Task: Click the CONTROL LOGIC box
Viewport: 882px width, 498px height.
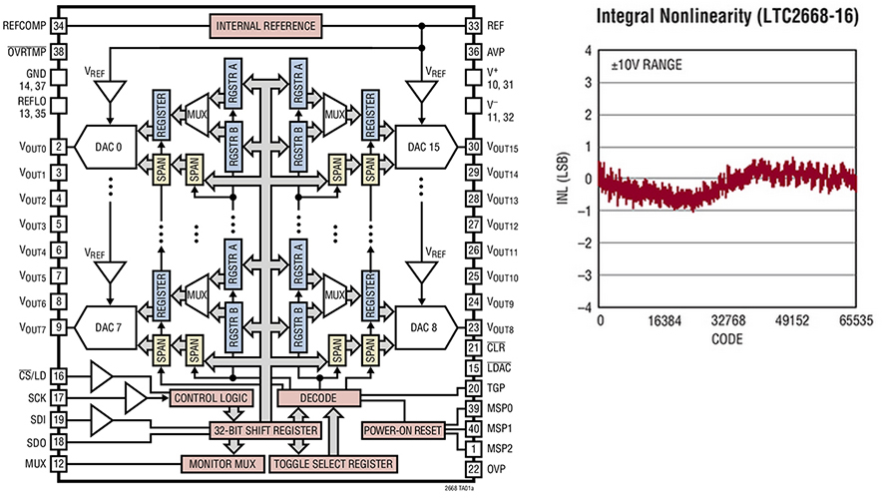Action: (x=210, y=398)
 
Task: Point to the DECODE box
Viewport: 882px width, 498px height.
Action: (x=318, y=398)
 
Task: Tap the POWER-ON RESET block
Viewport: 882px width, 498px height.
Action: (x=402, y=430)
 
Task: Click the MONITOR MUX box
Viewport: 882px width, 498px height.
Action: (x=220, y=464)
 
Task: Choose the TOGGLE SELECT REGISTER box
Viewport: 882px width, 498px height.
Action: (x=332, y=464)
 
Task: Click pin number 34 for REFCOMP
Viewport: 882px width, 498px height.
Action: (x=60, y=25)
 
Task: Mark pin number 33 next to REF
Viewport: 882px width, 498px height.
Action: (x=473, y=25)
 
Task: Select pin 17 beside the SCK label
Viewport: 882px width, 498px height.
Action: (x=60, y=397)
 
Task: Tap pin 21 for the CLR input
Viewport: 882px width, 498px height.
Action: (x=473, y=347)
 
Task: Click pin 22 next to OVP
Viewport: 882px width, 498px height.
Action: (x=473, y=467)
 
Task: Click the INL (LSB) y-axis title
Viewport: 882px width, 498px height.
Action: (x=564, y=179)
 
